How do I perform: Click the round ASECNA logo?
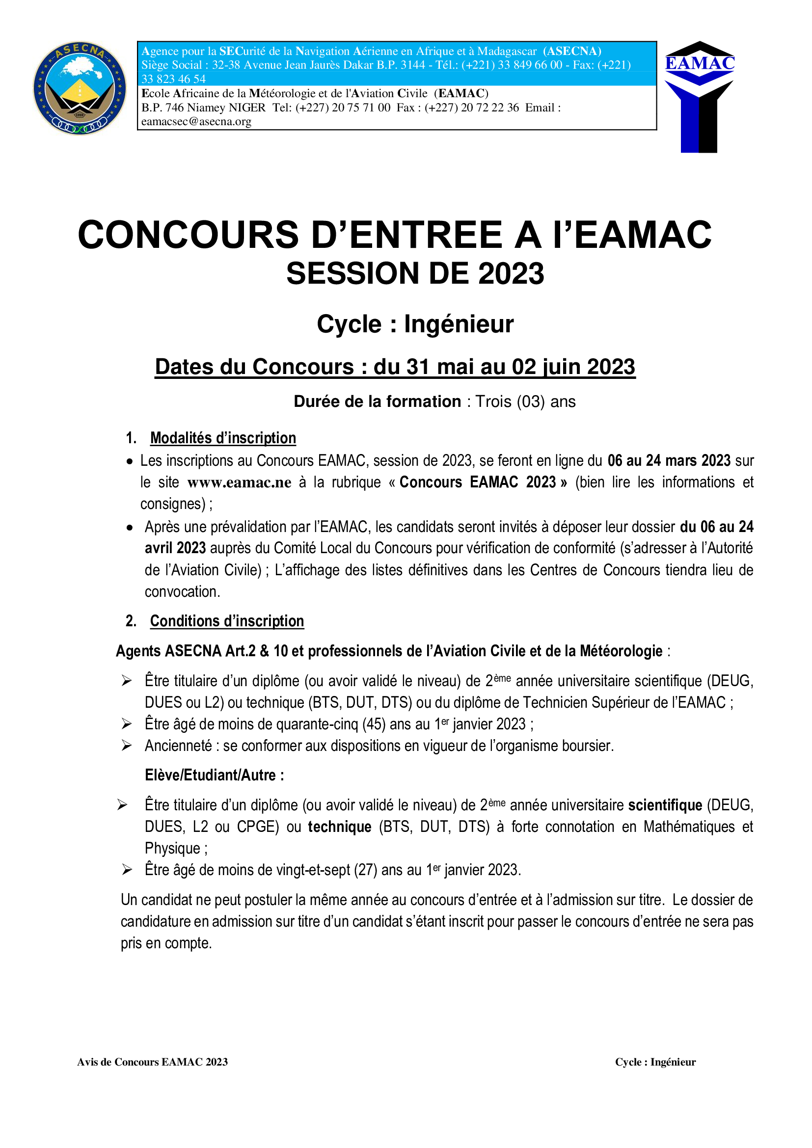click(x=80, y=88)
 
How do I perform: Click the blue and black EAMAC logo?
click(x=699, y=96)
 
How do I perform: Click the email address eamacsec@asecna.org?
click(x=196, y=122)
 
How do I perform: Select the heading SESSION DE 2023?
click(x=415, y=273)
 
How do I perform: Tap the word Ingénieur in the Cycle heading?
click(x=459, y=324)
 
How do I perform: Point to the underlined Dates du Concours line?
click(x=395, y=367)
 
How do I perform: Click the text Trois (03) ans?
click(x=525, y=401)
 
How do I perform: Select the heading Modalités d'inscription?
click(x=223, y=438)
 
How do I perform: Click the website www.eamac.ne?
click(x=239, y=482)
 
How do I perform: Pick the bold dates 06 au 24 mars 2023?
click(x=669, y=460)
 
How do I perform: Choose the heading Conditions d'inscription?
click(x=227, y=621)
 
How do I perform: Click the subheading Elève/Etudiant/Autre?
click(x=214, y=775)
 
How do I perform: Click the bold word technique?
click(x=340, y=827)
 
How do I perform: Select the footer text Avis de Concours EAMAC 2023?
click(x=153, y=1062)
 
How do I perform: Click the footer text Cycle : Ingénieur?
click(x=655, y=1062)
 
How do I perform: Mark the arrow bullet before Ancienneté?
click(x=127, y=746)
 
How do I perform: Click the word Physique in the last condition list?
click(x=172, y=849)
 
